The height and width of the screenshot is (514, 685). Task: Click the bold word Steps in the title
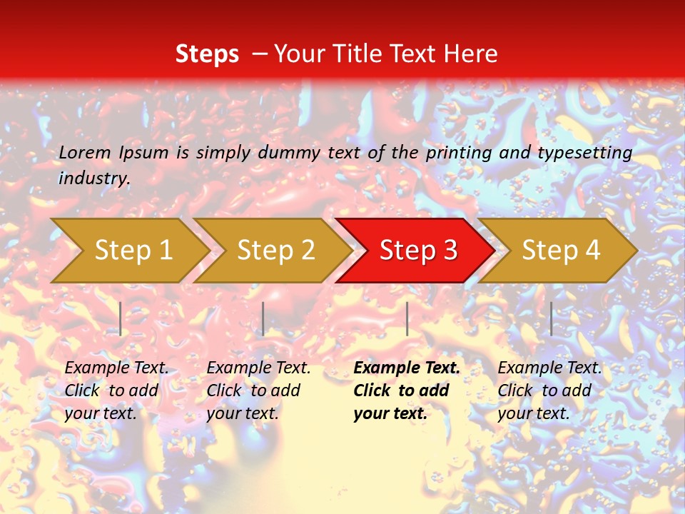(207, 54)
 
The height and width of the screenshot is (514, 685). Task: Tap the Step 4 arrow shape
(561, 251)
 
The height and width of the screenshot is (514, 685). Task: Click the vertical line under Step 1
(121, 318)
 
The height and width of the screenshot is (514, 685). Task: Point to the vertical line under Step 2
(263, 318)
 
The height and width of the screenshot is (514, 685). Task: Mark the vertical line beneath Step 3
(407, 318)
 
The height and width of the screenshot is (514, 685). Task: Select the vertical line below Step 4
(551, 318)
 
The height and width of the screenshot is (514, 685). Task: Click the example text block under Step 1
(116, 390)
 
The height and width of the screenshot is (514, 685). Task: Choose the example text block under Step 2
(258, 390)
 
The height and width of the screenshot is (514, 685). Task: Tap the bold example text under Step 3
(407, 390)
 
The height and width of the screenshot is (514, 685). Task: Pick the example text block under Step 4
(549, 390)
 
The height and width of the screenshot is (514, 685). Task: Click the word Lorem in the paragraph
(85, 152)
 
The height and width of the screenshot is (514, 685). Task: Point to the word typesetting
(584, 153)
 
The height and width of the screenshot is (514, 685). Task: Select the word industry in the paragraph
(93, 178)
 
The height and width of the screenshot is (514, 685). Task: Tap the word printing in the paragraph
(454, 153)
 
